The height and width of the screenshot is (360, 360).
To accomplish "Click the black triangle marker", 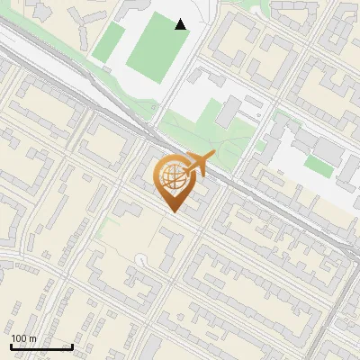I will point(181,24).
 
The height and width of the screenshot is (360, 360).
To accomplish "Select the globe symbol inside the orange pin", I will point(173,176).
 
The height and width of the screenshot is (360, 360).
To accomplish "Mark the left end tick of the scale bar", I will point(11,346).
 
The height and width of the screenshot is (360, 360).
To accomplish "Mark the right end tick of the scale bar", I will point(72,346).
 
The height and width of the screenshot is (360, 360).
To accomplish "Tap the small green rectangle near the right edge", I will point(318,165).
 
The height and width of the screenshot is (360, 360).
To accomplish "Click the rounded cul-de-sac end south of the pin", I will point(139,260).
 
